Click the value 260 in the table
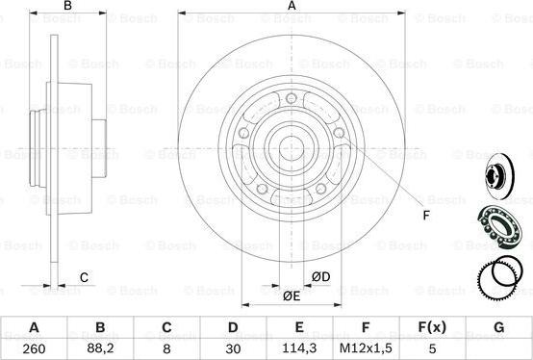point(34,348)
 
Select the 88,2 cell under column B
point(100,348)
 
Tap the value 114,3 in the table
point(299,348)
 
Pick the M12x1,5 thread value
point(366,348)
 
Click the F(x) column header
point(432,327)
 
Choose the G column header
point(498,327)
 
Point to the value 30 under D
point(233,348)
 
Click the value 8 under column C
point(166,348)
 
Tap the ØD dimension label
point(321,277)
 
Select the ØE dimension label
point(292,296)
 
